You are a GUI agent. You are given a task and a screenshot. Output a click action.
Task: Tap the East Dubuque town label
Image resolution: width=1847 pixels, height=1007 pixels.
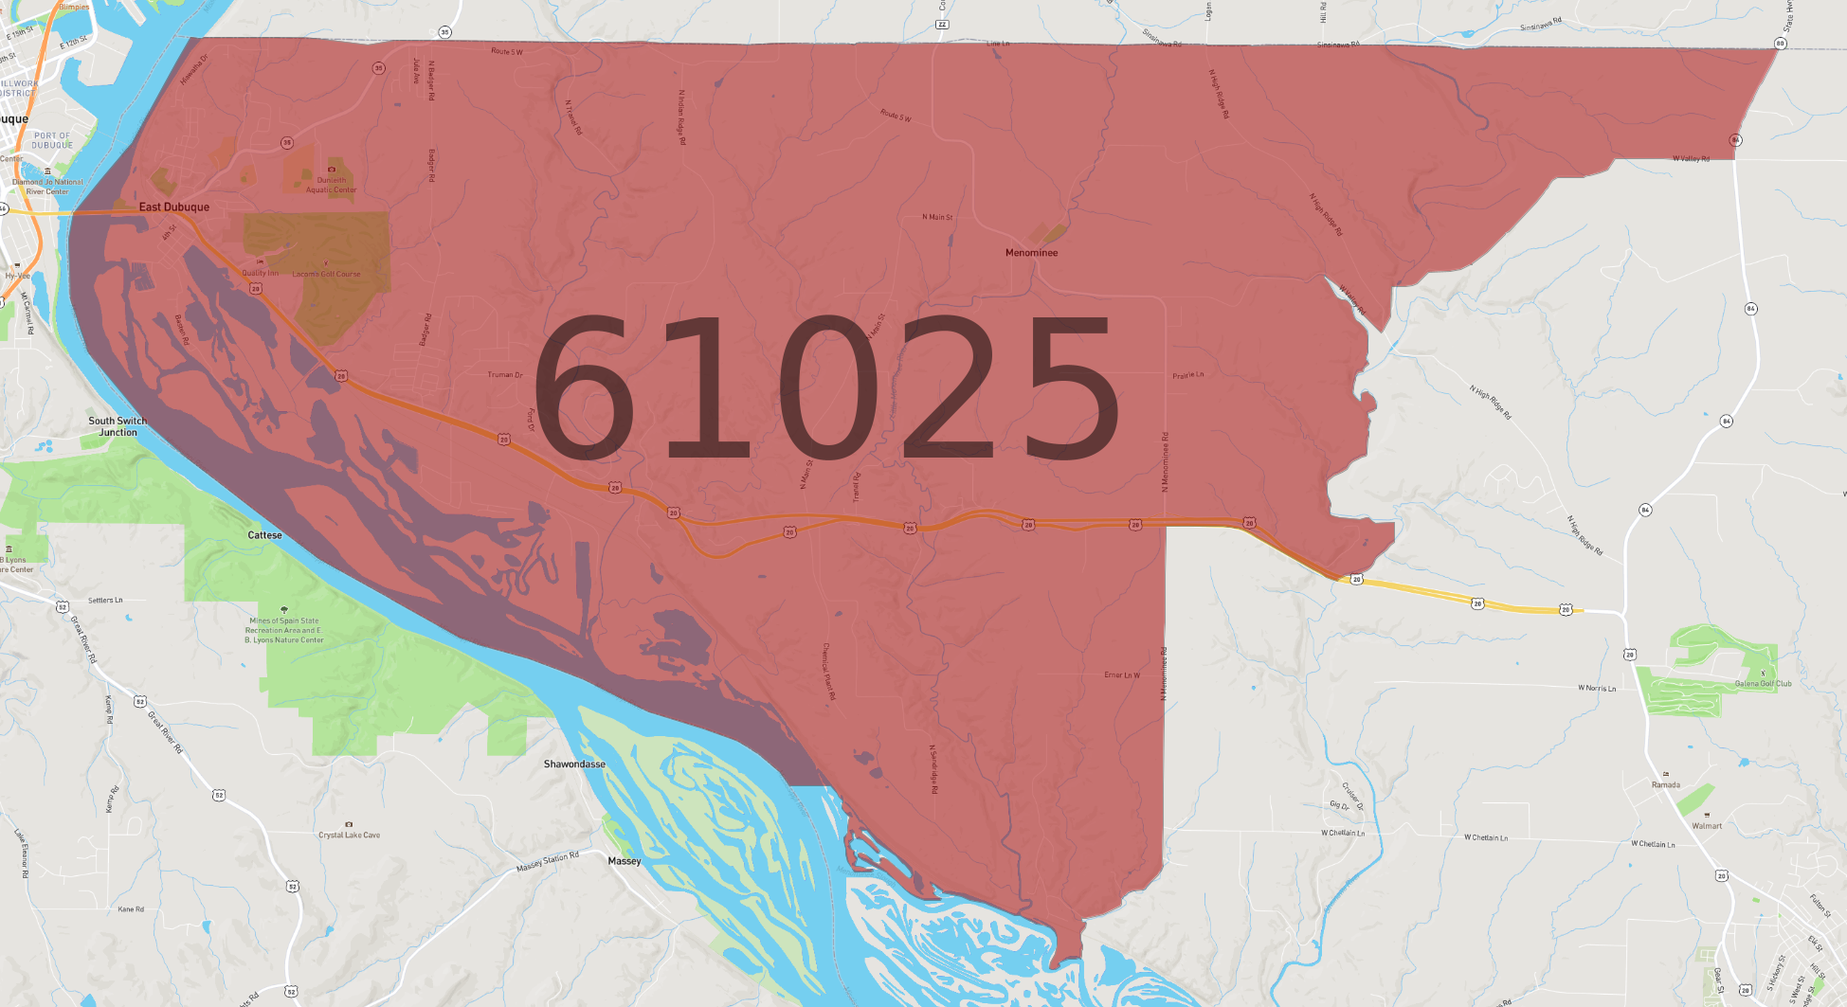[x=174, y=207]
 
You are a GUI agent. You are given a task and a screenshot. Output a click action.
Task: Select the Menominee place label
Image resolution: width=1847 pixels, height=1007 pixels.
[x=1031, y=253]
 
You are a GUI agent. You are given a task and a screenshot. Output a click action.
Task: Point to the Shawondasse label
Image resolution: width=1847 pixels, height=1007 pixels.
[x=574, y=764]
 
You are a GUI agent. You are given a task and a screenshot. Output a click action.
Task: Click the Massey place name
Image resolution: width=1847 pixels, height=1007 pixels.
[x=625, y=861]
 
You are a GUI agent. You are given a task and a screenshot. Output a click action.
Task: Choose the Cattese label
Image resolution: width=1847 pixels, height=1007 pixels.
[x=264, y=535]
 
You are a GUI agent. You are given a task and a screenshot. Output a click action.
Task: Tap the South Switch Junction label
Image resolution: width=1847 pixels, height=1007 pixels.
[x=118, y=426]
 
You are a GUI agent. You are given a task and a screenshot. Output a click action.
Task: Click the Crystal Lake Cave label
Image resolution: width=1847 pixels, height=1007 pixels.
[x=349, y=835]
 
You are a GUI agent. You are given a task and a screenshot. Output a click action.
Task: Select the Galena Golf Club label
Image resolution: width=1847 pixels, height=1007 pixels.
[x=1763, y=683]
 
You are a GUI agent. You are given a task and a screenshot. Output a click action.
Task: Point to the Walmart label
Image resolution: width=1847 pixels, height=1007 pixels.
[x=1707, y=825]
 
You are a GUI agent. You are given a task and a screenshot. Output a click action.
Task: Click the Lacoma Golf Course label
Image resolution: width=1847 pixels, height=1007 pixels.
[x=326, y=275]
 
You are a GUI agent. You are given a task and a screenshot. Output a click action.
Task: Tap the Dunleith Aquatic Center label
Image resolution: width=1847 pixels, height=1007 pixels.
[x=331, y=185]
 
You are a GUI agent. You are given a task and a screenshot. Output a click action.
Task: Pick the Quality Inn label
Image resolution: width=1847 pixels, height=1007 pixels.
[x=260, y=273]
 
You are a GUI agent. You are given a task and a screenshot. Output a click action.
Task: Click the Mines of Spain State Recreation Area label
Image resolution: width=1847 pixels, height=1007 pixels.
[x=284, y=630]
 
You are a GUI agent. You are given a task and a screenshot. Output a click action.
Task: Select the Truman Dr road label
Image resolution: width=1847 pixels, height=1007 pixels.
[x=505, y=375]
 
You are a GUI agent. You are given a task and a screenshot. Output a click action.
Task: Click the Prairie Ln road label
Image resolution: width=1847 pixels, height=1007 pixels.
[x=1187, y=375]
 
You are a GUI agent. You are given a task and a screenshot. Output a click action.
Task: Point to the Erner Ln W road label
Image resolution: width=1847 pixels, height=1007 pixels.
[x=1122, y=675]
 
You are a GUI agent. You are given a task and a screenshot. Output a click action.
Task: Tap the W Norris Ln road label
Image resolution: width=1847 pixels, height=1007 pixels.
[x=1597, y=688]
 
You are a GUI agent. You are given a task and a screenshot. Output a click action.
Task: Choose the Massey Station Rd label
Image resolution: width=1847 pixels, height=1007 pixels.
[x=547, y=862]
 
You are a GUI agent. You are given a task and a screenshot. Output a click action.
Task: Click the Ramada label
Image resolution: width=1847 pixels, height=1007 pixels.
[x=1665, y=784]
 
